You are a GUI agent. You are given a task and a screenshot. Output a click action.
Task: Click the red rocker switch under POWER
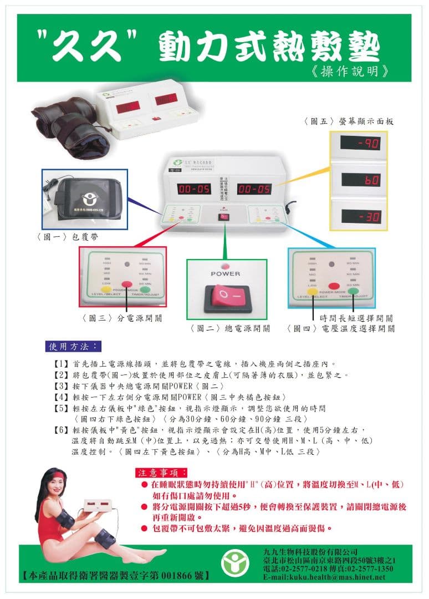[x=227, y=296]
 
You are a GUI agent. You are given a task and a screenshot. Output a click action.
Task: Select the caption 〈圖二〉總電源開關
[x=230, y=328]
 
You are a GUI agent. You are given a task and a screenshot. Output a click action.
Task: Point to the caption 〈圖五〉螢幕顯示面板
[x=348, y=121]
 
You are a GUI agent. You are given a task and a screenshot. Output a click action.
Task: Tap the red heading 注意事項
[x=158, y=473]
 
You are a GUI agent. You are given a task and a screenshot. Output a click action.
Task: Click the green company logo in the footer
[x=235, y=564]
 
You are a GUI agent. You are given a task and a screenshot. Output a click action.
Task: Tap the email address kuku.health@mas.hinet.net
[x=324, y=577]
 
